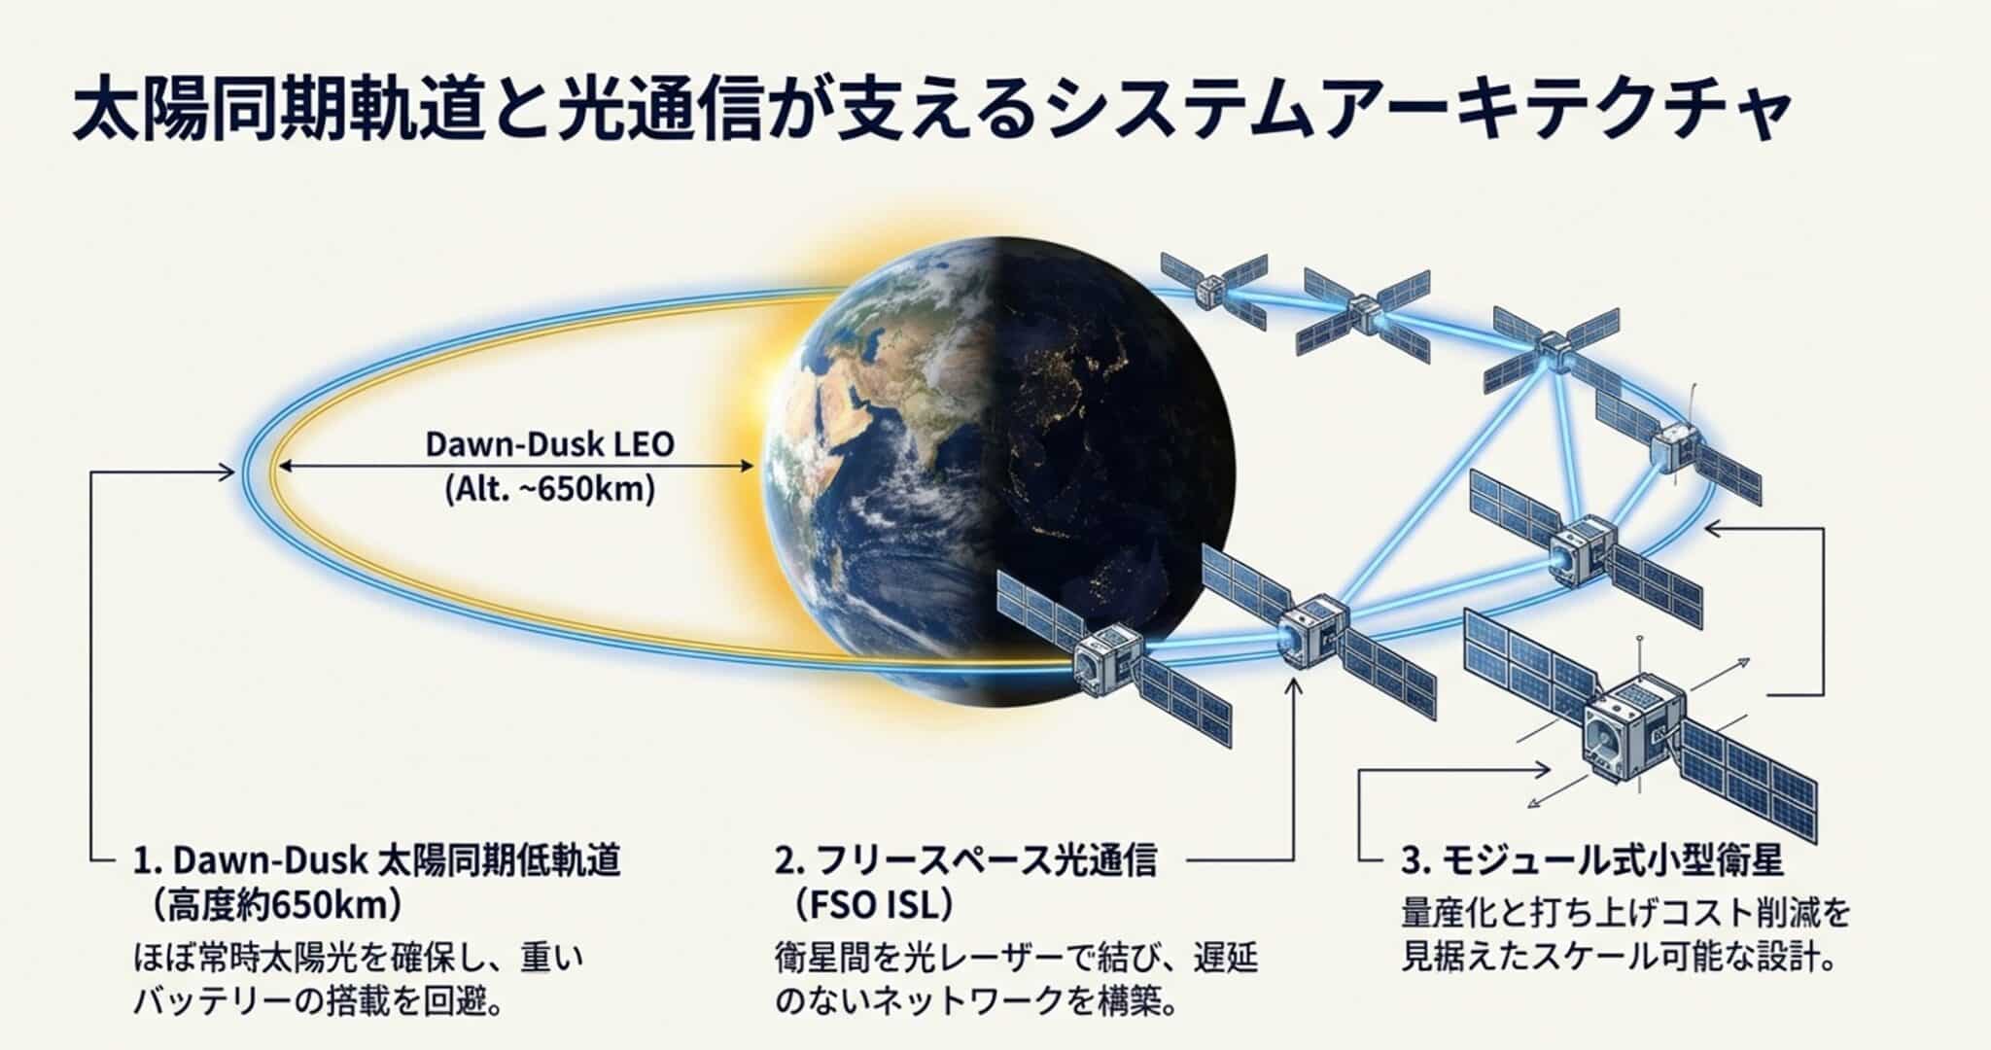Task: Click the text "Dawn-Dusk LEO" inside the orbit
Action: [549, 444]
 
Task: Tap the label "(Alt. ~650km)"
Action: [549, 488]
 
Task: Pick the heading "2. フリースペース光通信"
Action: [965, 861]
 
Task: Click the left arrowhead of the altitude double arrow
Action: [284, 467]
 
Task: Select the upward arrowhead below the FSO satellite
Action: [1293, 685]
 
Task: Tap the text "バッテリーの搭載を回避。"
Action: [317, 1002]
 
